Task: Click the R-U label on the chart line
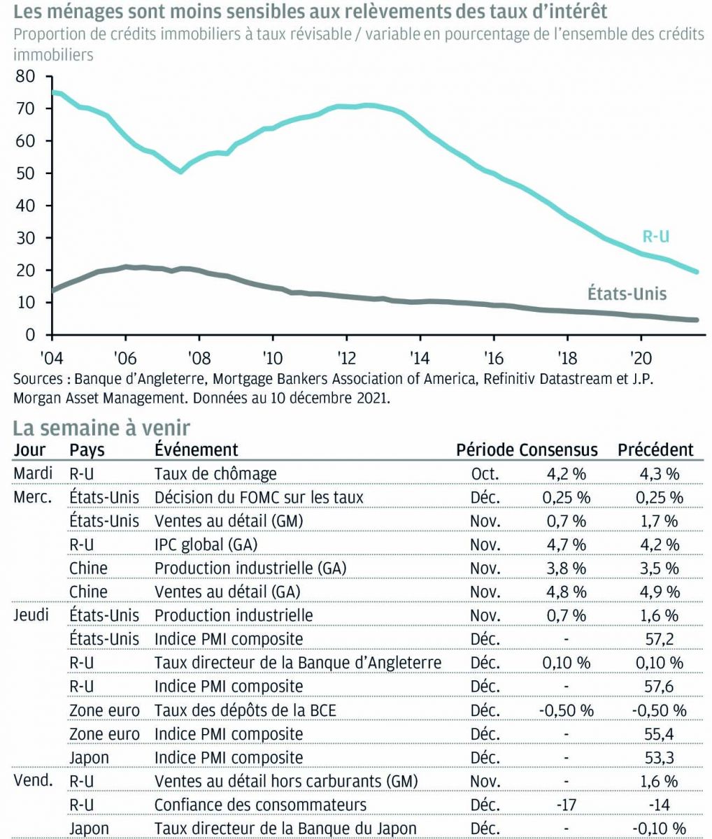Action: coord(655,236)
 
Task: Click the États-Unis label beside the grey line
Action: coord(626,293)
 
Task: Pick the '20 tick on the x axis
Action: coord(640,355)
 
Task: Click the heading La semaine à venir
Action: coord(102,427)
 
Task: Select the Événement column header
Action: coord(196,450)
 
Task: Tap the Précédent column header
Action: coord(655,450)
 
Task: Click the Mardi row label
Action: coord(33,473)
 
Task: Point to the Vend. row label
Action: coord(33,781)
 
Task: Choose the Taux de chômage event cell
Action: coord(215,473)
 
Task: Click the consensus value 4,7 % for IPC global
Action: coord(564,545)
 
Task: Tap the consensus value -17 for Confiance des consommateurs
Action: coord(566,805)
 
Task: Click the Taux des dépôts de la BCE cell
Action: coord(245,710)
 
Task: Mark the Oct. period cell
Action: coord(485,473)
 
